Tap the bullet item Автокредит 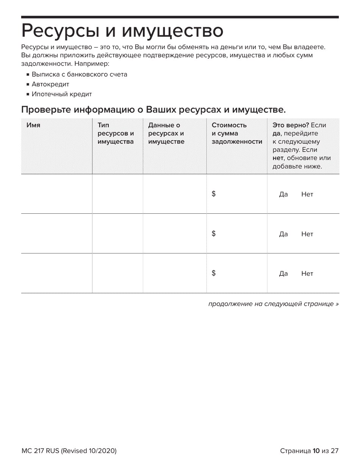[x=50, y=84]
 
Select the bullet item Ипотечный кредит [x=62, y=94]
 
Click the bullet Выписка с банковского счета [x=79, y=74]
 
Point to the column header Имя [x=33, y=125]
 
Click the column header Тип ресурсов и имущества [x=116, y=133]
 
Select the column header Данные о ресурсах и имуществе [x=166, y=133]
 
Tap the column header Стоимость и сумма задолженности [x=236, y=133]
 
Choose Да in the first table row [x=283, y=194]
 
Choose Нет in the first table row [x=307, y=194]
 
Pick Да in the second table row [x=283, y=234]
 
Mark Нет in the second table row [x=307, y=234]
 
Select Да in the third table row [x=283, y=274]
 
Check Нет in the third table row [x=307, y=274]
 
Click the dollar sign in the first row [x=214, y=194]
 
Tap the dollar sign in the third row [x=214, y=274]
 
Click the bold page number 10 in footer [x=316, y=451]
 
